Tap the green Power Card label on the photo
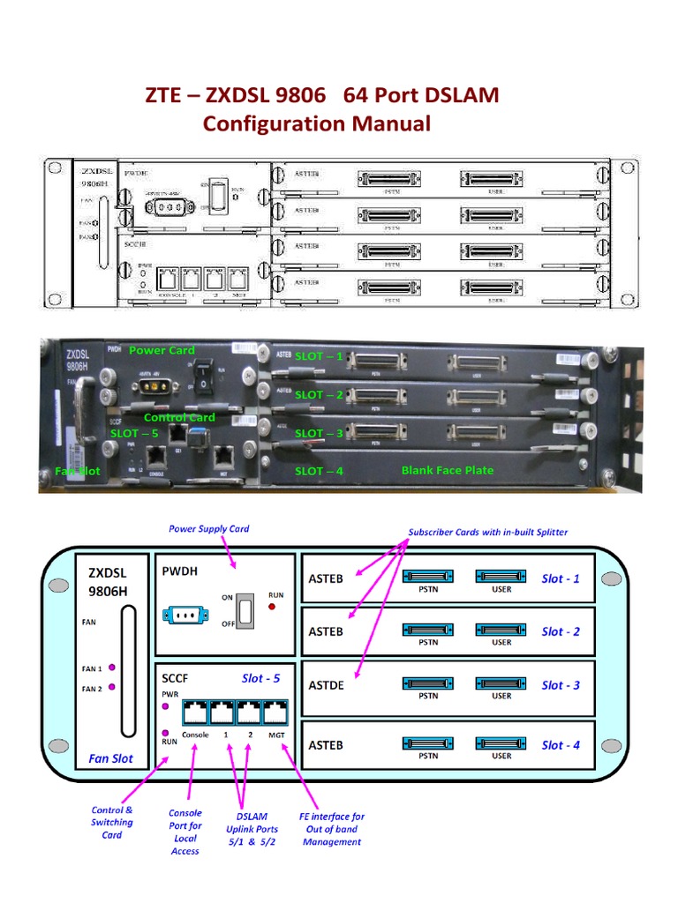(162, 350)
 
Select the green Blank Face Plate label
(448, 470)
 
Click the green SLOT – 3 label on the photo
(319, 433)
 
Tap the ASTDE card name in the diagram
(327, 685)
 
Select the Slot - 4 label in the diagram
(561, 745)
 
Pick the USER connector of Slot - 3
(501, 683)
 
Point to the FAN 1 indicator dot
(113, 668)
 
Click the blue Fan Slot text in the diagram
(111, 758)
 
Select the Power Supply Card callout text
(208, 529)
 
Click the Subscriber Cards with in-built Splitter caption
(488, 532)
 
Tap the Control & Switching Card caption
(112, 822)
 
